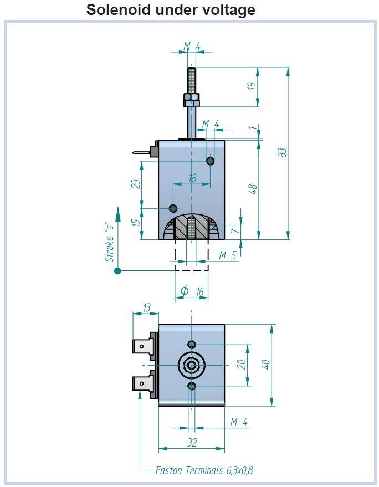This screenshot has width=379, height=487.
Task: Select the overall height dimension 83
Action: (282, 152)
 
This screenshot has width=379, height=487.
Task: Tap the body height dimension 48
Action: (253, 188)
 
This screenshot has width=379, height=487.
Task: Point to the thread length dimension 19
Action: (252, 86)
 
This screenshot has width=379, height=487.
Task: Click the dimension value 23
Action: (135, 184)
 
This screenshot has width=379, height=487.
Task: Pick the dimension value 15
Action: (135, 223)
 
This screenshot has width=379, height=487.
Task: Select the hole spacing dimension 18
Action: (192, 178)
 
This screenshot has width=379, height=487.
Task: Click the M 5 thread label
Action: (227, 255)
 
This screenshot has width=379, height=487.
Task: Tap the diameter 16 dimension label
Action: (192, 291)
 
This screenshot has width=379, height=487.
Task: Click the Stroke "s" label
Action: (110, 241)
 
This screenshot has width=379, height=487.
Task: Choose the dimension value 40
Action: (266, 365)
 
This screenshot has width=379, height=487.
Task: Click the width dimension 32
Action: (192, 443)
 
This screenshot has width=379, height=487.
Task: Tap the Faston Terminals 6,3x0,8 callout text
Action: (204, 470)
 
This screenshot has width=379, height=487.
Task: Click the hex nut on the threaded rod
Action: (191, 100)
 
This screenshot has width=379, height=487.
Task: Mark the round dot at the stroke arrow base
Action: (117, 270)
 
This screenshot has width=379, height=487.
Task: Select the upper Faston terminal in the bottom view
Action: (144, 347)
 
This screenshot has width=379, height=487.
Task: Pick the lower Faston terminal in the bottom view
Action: (144, 383)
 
